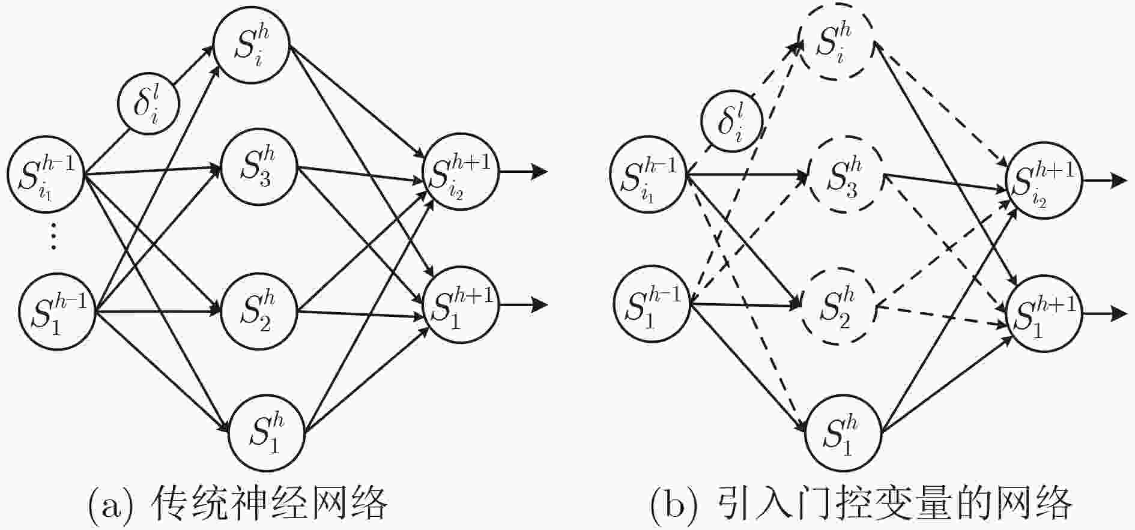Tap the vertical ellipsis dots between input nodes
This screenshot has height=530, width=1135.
[x=53, y=235]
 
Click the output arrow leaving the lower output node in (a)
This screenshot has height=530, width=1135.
[x=523, y=305]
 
